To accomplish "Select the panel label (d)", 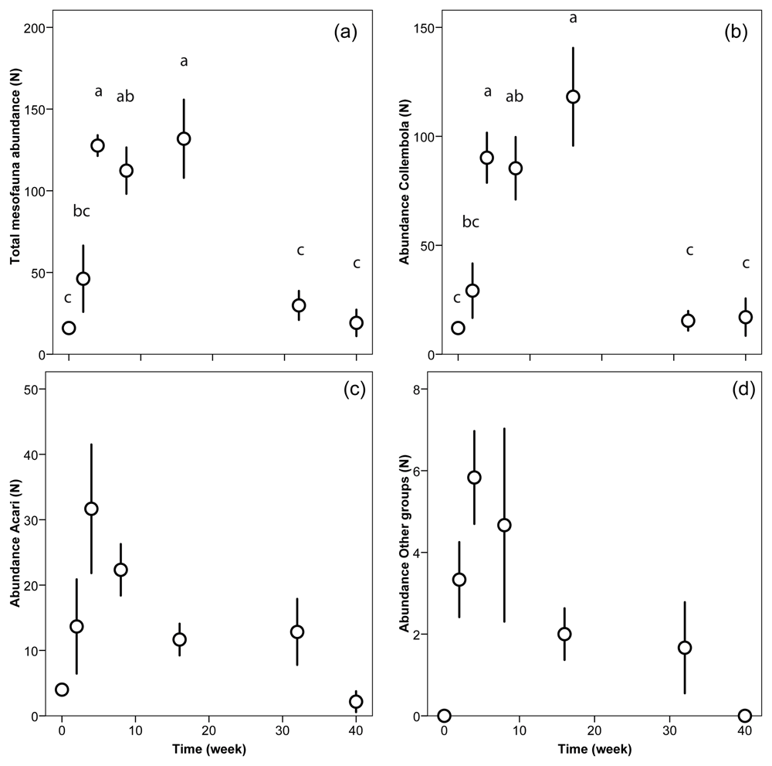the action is coord(743,390).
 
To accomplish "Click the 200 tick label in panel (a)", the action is coord(34,28).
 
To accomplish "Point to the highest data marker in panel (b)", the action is coord(573,97).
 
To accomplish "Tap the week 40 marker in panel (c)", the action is coord(356,701).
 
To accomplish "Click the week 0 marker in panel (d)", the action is coord(444,716).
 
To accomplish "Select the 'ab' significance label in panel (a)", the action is coord(125,96).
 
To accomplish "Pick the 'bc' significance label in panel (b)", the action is coord(471,222).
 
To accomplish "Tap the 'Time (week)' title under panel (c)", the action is coord(208,749).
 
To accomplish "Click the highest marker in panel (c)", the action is coord(91,509).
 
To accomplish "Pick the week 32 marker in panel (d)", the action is coord(685,648).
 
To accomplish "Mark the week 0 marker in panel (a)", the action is coord(69,328).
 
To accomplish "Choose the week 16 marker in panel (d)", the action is coord(564,634).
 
